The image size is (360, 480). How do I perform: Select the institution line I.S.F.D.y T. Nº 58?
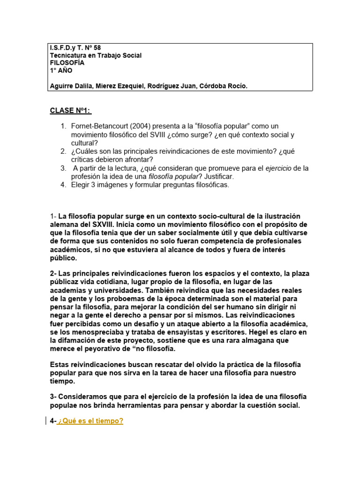click(75, 48)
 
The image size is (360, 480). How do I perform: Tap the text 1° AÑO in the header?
click(61, 70)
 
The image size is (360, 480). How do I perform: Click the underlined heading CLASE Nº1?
click(71, 111)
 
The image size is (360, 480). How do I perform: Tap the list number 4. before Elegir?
click(63, 185)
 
